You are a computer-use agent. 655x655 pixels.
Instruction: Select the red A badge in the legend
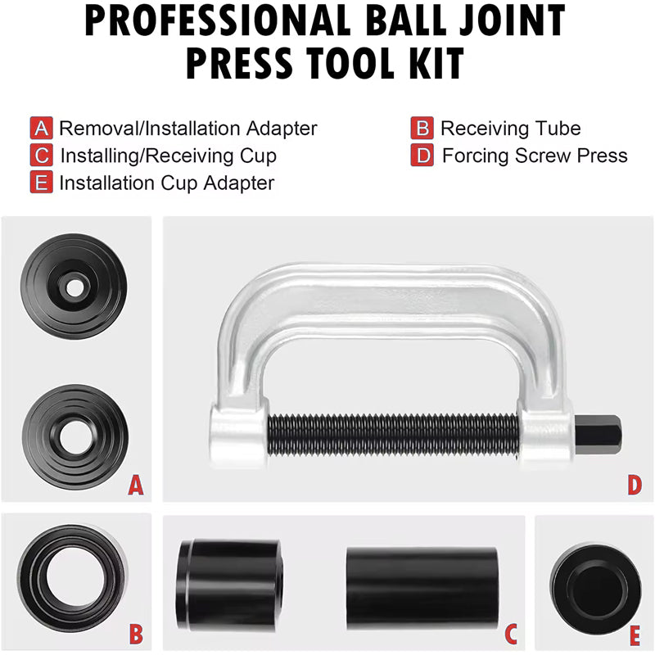[x=42, y=129]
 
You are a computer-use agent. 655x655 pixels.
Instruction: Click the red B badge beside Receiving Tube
[x=422, y=129]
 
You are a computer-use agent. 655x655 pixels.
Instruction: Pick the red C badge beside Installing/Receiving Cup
[x=42, y=156]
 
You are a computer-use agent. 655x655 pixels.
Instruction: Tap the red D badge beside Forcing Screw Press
[x=422, y=156]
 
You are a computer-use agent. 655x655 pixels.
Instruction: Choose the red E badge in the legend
[x=42, y=183]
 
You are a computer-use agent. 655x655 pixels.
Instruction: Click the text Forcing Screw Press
[x=535, y=156]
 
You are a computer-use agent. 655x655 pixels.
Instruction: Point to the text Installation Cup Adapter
[x=166, y=183]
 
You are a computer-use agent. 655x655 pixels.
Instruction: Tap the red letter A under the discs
[x=136, y=487]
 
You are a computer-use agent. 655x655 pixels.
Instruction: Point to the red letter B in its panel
[x=136, y=633]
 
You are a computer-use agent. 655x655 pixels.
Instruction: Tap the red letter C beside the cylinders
[x=509, y=633]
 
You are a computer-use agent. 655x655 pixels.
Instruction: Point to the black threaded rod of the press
[x=393, y=430]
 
